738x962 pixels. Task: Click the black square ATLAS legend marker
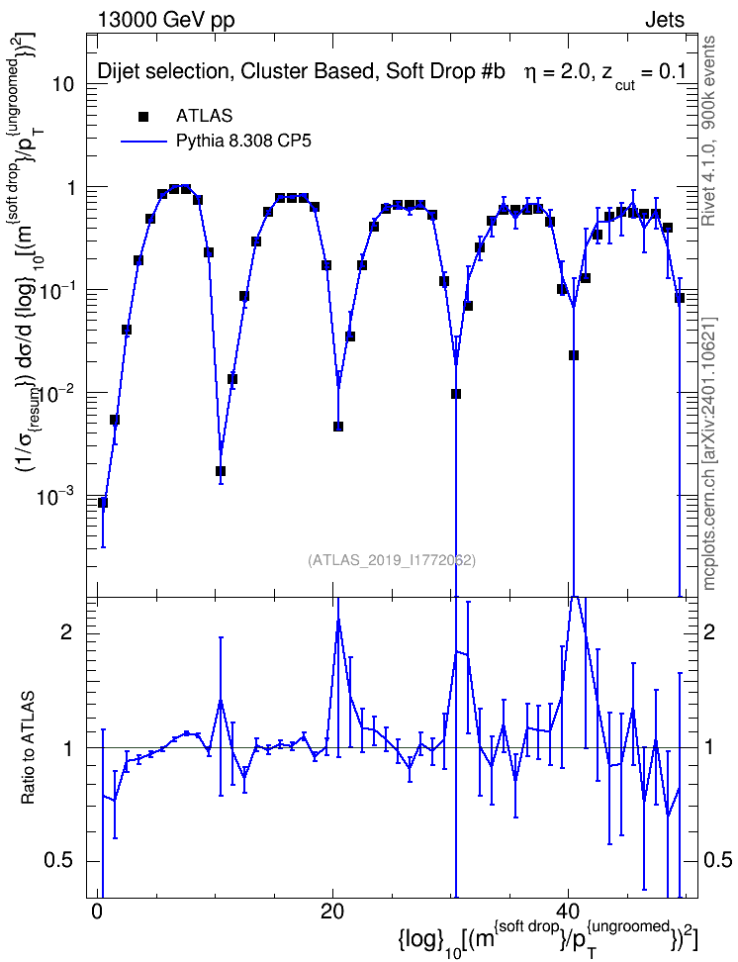[x=143, y=116]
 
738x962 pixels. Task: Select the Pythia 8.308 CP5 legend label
[x=243, y=142]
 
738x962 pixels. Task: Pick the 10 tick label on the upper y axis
[x=63, y=84]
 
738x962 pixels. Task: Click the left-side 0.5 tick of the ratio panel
[x=60, y=861]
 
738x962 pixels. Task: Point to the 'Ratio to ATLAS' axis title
[x=29, y=748]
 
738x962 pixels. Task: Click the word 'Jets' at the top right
[x=665, y=20]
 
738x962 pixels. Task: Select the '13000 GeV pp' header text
[x=166, y=21]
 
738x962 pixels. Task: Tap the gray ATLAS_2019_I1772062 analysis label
[x=392, y=560]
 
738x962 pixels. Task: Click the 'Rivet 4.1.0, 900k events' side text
[x=708, y=132]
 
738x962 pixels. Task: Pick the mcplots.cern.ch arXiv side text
[x=709, y=454]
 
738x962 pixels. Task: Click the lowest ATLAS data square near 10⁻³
[x=103, y=503]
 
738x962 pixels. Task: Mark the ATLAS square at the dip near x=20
[x=338, y=427]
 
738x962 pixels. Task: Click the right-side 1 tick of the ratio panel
[x=709, y=747]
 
